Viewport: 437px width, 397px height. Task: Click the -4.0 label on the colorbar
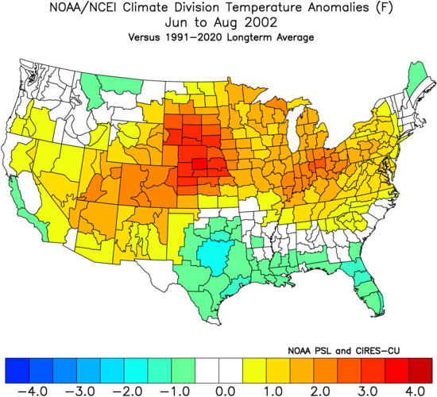click(x=33, y=391)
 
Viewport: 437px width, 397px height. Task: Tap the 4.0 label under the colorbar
click(x=416, y=391)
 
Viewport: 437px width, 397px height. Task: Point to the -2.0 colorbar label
click(x=128, y=391)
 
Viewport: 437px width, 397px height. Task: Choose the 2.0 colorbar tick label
click(x=321, y=391)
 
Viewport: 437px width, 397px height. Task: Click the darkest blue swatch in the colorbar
click(x=17, y=371)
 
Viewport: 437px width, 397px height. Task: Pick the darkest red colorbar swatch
click(x=420, y=371)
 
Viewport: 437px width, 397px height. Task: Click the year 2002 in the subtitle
click(x=261, y=22)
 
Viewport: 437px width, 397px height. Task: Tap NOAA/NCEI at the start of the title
click(x=84, y=7)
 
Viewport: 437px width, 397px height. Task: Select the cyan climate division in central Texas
click(x=215, y=256)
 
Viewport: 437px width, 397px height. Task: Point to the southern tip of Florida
click(x=380, y=314)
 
